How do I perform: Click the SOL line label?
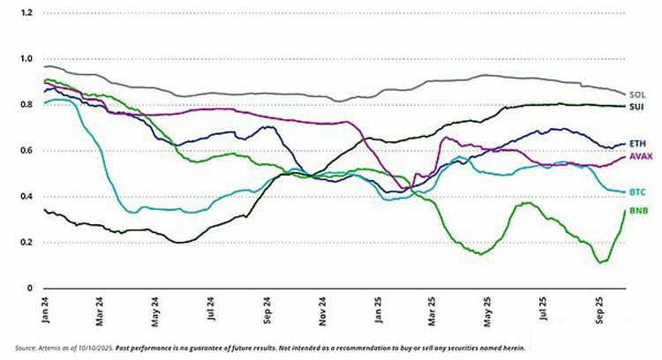636,94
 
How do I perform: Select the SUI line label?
636,107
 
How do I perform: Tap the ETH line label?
636,143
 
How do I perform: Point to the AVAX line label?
640,156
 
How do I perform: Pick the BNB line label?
638,212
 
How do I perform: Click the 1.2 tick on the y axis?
27,13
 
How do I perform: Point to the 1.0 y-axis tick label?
27,59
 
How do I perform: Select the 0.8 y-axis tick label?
27,105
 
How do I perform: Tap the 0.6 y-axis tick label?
27,151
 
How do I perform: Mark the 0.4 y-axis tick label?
27,197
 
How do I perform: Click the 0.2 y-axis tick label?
27,243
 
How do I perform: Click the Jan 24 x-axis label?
45,310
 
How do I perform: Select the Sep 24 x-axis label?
267,310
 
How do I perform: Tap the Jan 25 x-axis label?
378,310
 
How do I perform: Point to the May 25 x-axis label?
487,310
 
